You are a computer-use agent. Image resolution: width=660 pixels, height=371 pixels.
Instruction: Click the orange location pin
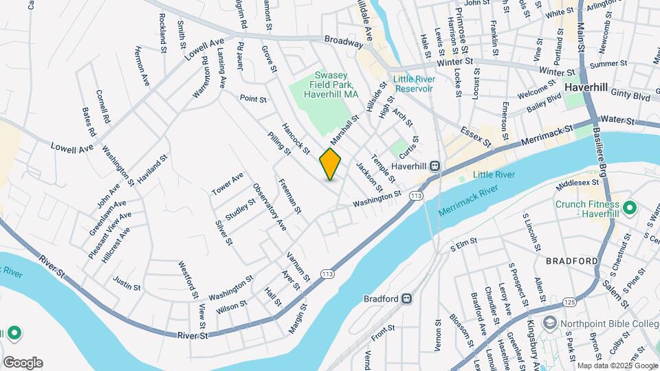[x=330, y=164]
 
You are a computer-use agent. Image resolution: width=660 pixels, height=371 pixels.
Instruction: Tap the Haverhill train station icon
[x=435, y=166]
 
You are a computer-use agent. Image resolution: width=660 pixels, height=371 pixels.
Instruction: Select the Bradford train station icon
[x=407, y=299]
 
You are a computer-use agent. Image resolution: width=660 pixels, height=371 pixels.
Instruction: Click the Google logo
[x=22, y=363]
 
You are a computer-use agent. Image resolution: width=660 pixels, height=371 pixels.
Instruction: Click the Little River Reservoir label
[x=413, y=84]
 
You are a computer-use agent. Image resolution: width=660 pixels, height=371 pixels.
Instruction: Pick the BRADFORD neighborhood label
[x=572, y=261]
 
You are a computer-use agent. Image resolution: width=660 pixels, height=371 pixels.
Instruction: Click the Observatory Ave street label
[x=269, y=207]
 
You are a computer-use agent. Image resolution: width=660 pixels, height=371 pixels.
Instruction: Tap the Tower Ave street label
[x=228, y=183]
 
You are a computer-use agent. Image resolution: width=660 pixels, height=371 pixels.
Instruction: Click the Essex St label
[x=476, y=136]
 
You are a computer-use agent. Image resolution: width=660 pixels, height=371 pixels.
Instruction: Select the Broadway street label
[x=343, y=42]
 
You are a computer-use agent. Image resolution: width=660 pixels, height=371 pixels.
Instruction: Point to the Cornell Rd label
[x=103, y=106]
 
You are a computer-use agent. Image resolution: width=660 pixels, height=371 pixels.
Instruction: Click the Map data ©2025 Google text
[x=617, y=366]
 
